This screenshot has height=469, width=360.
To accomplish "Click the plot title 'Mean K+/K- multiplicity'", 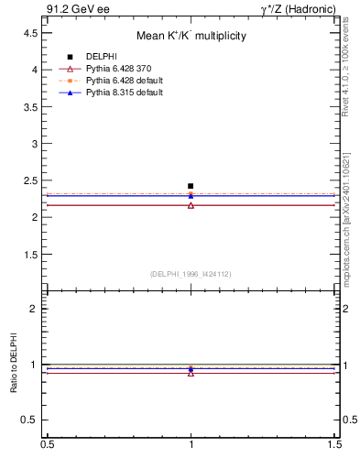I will click(x=191, y=37).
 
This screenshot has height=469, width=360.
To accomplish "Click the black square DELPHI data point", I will click(x=191, y=186).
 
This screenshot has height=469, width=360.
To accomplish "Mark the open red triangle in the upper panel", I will click(x=191, y=205).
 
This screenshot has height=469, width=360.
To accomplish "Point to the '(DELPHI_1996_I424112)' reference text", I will click(x=191, y=274).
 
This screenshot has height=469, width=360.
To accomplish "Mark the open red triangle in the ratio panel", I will click(x=191, y=373).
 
